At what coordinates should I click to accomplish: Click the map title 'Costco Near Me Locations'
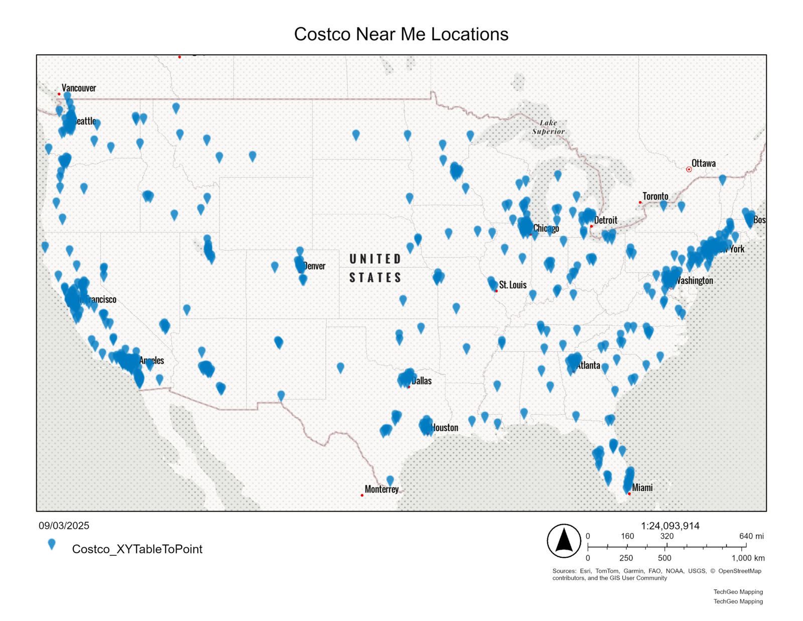click(401, 34)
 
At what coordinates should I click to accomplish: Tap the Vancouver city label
click(79, 88)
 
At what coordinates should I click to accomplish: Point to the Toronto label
click(655, 196)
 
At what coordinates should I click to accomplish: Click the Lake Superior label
click(549, 127)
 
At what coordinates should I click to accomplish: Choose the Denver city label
click(315, 266)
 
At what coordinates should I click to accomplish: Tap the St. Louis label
click(512, 285)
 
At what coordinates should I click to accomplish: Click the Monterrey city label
click(381, 489)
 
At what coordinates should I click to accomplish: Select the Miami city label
click(642, 487)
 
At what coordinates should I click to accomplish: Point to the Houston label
click(445, 428)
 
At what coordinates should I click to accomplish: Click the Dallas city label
click(422, 381)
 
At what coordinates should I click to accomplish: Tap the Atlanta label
click(589, 365)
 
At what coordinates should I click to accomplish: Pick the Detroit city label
click(606, 220)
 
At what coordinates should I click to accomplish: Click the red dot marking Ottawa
click(689, 170)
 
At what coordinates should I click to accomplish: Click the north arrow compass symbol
click(564, 541)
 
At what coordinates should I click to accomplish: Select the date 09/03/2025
click(64, 526)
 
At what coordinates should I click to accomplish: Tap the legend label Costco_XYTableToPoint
click(137, 549)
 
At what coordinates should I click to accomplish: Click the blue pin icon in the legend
click(51, 545)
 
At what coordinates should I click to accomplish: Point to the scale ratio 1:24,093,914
click(670, 526)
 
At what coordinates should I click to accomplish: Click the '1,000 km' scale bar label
click(748, 558)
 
